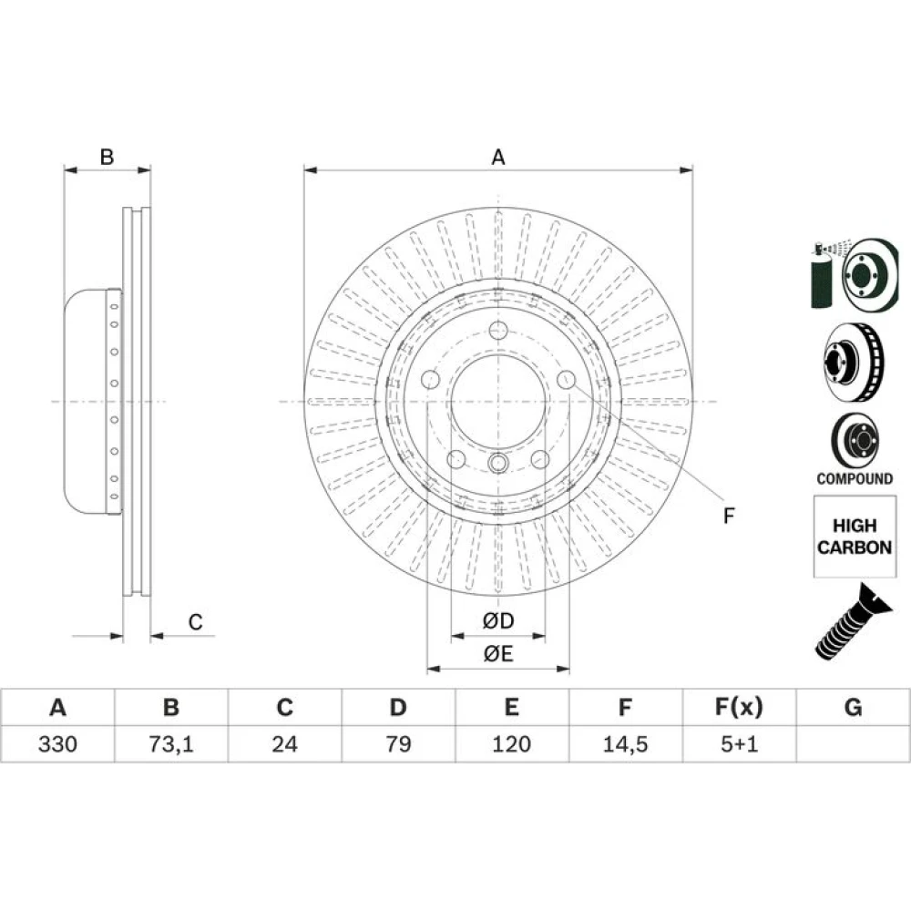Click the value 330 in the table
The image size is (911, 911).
[57, 743]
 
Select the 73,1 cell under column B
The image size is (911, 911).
[171, 743]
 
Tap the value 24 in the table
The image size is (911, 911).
[284, 743]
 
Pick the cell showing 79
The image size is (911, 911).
[398, 743]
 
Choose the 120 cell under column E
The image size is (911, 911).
[511, 743]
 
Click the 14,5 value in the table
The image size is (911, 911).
[625, 743]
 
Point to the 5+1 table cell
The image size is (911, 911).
[739, 743]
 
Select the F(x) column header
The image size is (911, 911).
[739, 707]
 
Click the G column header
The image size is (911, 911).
[853, 707]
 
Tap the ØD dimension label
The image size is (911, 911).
[498, 620]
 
